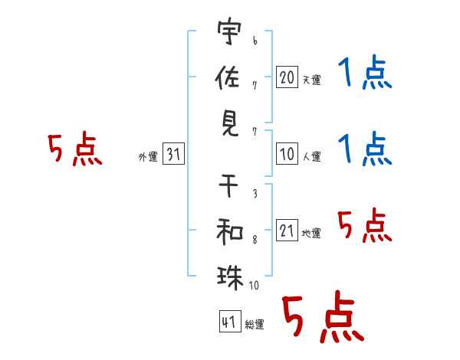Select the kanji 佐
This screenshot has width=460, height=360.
pyautogui.click(x=229, y=77)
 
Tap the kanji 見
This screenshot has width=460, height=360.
pyautogui.click(x=229, y=123)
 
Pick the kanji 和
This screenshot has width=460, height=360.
pyautogui.click(x=229, y=230)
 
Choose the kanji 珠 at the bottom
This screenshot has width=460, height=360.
pyautogui.click(x=229, y=276)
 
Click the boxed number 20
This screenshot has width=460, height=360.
pyautogui.click(x=287, y=77)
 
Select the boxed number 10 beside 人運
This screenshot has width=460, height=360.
pyautogui.click(x=287, y=154)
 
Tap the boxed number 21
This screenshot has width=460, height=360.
pyautogui.click(x=287, y=231)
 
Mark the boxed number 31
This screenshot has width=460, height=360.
pyautogui.click(x=173, y=155)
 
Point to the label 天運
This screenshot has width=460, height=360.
pyautogui.click(x=311, y=80)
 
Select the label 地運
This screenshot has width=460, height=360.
pyautogui.click(x=311, y=233)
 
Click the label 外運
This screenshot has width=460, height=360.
pyautogui.click(x=148, y=157)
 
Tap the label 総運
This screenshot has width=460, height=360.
pyautogui.click(x=255, y=324)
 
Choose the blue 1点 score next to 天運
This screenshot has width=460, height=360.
pyautogui.click(x=363, y=75)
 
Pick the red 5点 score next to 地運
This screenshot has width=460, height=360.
pyautogui.click(x=363, y=225)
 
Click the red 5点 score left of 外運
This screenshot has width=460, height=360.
pyautogui.click(x=74, y=149)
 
